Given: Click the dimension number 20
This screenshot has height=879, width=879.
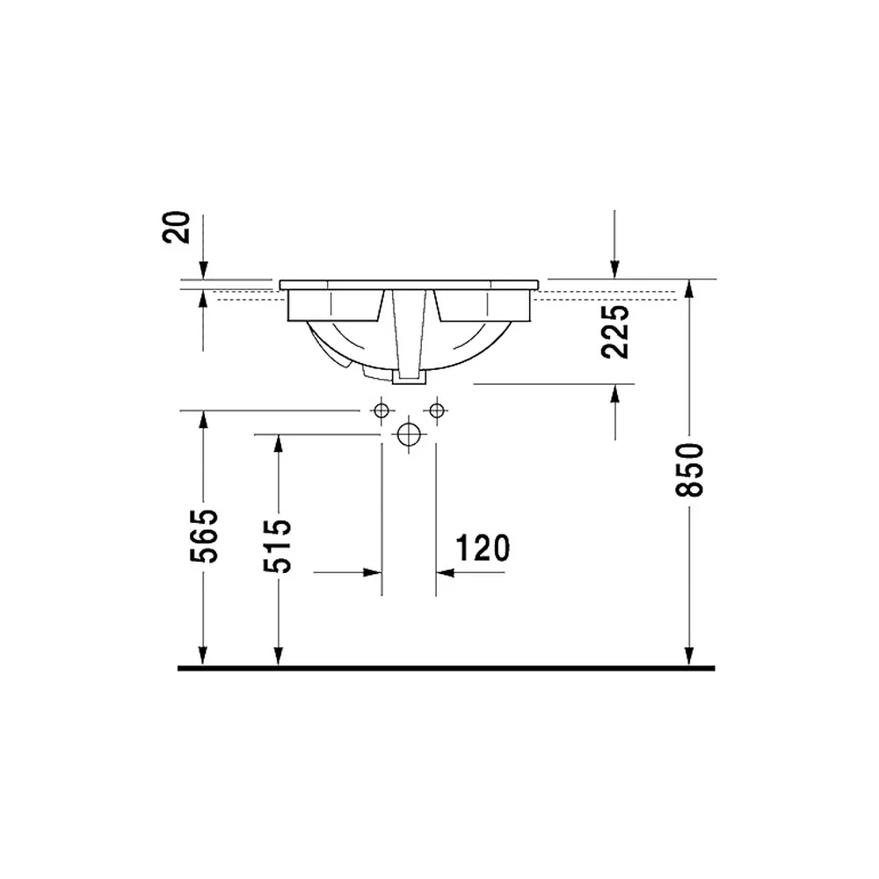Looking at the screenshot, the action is pyautogui.click(x=176, y=227).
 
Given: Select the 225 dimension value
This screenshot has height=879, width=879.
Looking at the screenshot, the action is pyautogui.click(x=615, y=331).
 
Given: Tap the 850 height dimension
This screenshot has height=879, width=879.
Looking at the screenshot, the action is pyautogui.click(x=689, y=469).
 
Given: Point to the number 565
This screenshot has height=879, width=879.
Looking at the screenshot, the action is pyautogui.click(x=204, y=536).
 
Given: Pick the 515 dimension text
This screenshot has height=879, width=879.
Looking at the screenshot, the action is pyautogui.click(x=278, y=546).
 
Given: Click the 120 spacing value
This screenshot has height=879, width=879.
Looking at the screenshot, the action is pyautogui.click(x=483, y=548).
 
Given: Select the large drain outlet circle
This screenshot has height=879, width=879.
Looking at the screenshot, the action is pyautogui.click(x=409, y=434).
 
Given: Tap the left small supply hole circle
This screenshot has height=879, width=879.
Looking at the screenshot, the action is pyautogui.click(x=381, y=410).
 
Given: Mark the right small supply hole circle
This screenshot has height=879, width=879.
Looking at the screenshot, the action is pyautogui.click(x=437, y=410).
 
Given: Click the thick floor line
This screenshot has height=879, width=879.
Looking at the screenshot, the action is pyautogui.click(x=447, y=668).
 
